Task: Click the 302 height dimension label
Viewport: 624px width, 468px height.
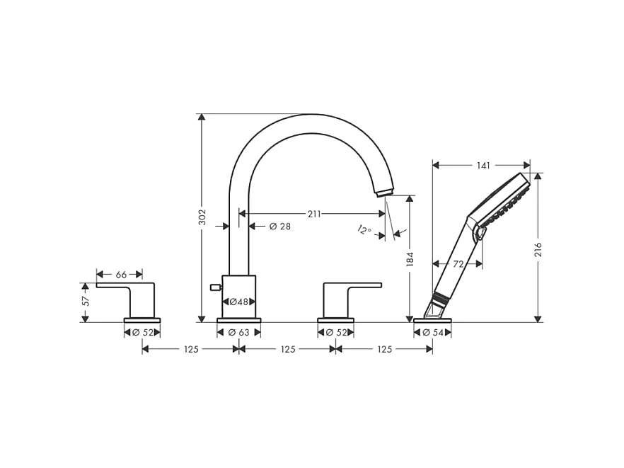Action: [x=202, y=217]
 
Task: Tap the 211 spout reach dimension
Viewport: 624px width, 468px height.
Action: [x=314, y=214]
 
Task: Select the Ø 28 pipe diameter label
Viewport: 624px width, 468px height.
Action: [x=279, y=227]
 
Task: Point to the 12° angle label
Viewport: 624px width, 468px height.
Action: [x=364, y=230]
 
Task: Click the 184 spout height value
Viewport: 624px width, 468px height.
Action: [x=410, y=259]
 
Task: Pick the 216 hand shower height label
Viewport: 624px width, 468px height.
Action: [x=538, y=249]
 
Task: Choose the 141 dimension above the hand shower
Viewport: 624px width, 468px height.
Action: [x=483, y=165]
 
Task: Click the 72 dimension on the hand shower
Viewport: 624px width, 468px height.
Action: [x=458, y=263]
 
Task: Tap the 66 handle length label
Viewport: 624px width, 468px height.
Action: [x=121, y=275]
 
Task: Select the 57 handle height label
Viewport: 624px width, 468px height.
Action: [x=86, y=301]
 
